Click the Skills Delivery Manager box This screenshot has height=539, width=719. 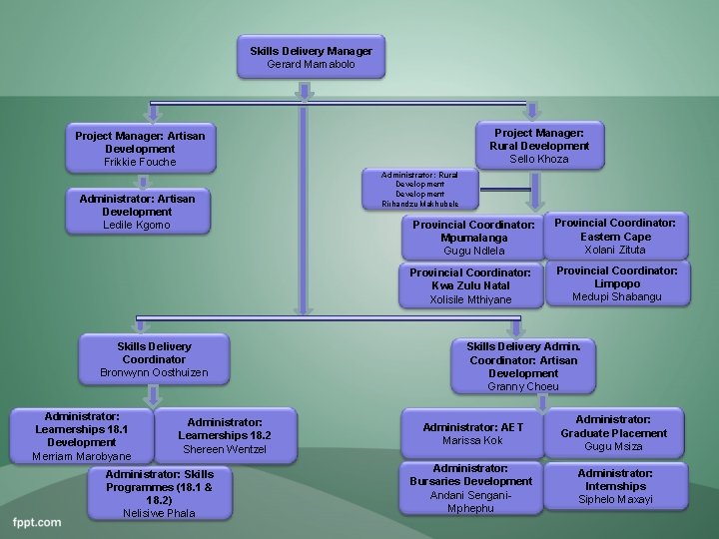(311, 57)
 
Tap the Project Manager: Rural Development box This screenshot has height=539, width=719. (538, 145)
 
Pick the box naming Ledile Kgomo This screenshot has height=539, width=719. (137, 212)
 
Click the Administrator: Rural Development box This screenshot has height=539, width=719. (419, 189)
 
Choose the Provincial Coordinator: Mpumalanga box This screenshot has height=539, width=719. (473, 238)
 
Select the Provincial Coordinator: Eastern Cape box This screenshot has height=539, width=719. (615, 237)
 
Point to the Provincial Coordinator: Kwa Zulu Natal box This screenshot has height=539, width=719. (469, 285)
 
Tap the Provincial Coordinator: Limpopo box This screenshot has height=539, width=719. (616, 283)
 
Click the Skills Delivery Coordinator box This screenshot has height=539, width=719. (154, 359)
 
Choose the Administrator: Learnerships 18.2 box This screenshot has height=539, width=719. (225, 435)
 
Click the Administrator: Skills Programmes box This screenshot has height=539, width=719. (159, 493)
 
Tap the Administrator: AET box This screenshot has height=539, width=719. (472, 433)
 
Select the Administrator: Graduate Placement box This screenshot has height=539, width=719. (614, 433)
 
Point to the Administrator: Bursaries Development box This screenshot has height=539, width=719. (470, 487)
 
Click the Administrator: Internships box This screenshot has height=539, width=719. (615, 486)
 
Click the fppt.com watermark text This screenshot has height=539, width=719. (37, 522)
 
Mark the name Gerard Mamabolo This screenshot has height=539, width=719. (311, 64)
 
